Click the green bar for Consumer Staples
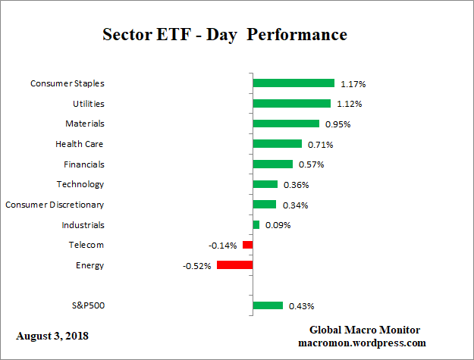click(x=293, y=83)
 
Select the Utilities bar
click(x=291, y=103)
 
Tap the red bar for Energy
click(x=234, y=265)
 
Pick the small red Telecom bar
click(x=247, y=245)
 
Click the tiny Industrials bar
click(x=256, y=224)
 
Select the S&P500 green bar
click(x=267, y=305)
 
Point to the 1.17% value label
click(x=353, y=83)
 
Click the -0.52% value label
click(x=197, y=265)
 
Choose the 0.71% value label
click(x=319, y=144)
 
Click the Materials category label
click(x=84, y=124)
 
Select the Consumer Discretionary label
click(x=55, y=205)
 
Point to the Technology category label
click(x=80, y=184)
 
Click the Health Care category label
click(x=79, y=144)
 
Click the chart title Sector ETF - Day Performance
click(x=224, y=35)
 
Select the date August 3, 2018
click(x=52, y=334)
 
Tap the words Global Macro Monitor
click(x=364, y=330)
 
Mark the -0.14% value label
click(x=223, y=245)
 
